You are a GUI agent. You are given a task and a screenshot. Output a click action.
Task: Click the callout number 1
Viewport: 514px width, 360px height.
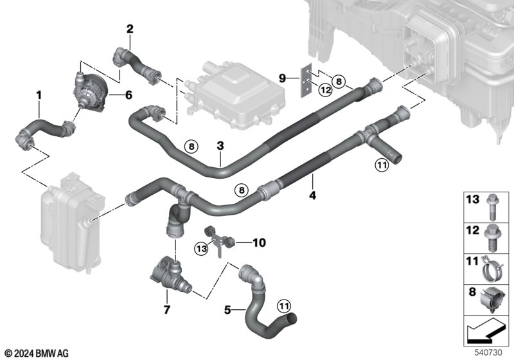(39, 95)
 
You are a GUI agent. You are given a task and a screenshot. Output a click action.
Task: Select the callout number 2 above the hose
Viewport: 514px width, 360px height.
(130, 29)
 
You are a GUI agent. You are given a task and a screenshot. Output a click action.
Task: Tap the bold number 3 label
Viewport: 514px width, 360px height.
(220, 145)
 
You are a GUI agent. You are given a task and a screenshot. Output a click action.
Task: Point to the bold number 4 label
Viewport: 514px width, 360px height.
(312, 195)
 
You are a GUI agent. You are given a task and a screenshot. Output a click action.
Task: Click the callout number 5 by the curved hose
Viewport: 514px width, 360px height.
(227, 309)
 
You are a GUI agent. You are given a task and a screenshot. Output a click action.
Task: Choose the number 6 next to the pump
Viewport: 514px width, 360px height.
(128, 95)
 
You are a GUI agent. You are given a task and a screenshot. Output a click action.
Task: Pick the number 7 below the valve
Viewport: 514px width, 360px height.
(166, 309)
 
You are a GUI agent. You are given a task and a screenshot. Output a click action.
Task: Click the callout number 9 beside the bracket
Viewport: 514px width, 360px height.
(282, 78)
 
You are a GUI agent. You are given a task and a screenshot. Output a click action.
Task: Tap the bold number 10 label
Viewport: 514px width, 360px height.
(259, 242)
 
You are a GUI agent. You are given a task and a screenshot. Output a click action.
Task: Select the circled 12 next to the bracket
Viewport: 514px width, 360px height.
(326, 90)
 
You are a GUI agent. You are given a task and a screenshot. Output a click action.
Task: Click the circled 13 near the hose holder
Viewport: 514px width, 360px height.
(201, 249)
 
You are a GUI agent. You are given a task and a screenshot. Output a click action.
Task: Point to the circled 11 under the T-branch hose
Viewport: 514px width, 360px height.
(382, 165)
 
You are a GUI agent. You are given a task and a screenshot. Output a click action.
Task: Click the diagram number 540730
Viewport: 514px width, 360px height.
(488, 352)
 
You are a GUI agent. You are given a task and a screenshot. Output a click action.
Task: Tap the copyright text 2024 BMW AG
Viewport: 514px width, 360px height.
(37, 354)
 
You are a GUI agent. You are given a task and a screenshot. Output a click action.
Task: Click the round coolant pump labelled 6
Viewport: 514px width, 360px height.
(91, 92)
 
